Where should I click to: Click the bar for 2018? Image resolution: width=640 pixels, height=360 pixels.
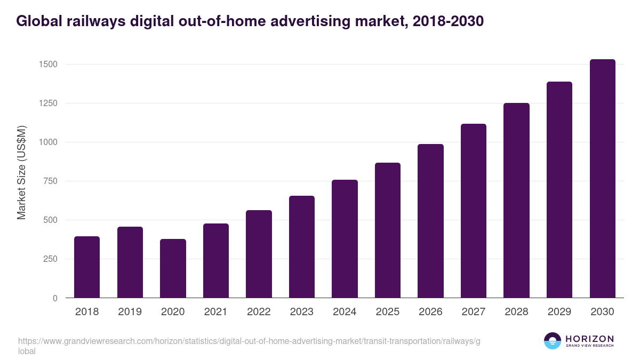(87, 267)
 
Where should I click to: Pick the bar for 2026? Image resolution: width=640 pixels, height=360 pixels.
(430, 221)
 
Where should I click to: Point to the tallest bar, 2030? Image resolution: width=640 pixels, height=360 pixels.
(602, 178)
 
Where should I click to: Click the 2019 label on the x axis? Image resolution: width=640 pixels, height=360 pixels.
(130, 312)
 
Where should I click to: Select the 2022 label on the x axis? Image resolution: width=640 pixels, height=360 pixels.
(259, 312)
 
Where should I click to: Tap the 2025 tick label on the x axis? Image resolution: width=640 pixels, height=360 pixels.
(387, 312)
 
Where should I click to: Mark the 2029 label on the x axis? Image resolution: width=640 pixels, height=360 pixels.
(559, 312)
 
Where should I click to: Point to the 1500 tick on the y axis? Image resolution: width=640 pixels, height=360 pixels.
(49, 65)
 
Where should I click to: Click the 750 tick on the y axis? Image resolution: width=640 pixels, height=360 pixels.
(51, 181)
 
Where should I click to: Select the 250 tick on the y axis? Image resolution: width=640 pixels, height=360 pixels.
(51, 259)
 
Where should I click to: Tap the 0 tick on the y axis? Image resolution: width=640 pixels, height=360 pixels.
(55, 298)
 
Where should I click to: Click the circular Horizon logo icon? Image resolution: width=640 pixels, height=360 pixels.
(553, 341)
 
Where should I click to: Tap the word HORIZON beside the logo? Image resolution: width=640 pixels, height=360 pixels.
(589, 339)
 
